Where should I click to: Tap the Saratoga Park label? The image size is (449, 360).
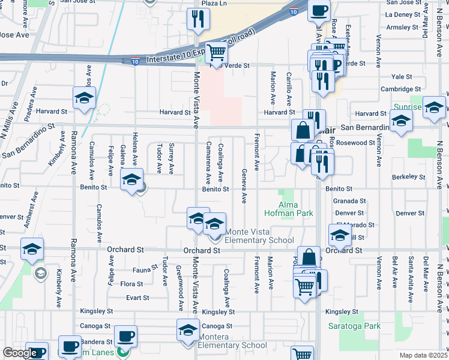pyautogui.click(x=355, y=326)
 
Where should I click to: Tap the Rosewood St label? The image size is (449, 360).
pyautogui.click(x=355, y=143)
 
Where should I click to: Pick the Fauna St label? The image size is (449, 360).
pyautogui.click(x=145, y=270)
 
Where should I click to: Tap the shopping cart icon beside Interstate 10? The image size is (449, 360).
pyautogui.click(x=215, y=53)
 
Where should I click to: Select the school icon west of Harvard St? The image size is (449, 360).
pyautogui.click(x=84, y=98)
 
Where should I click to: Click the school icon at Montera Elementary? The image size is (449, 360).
pyautogui.click(x=188, y=329)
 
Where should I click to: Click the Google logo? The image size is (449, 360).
pyautogui.click(x=20, y=353)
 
